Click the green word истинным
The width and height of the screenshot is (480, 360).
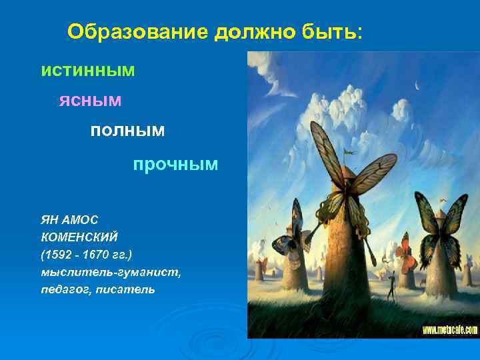(87, 70)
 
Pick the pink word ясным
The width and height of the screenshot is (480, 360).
(90, 100)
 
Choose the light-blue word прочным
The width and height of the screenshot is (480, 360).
(175, 164)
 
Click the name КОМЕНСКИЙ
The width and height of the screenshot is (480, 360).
(79, 235)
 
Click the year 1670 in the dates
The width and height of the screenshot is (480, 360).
(101, 253)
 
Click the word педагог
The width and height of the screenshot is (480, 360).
(61, 289)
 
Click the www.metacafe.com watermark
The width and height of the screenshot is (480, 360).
(449, 329)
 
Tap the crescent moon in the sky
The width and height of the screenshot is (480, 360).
(417, 85)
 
